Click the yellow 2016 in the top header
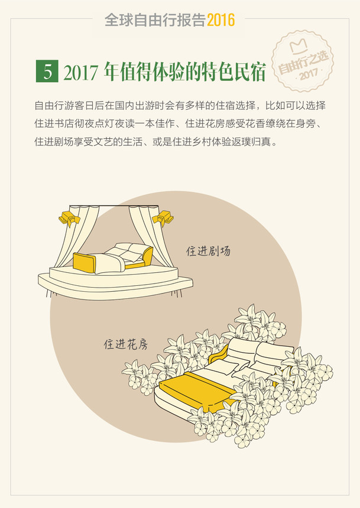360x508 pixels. [x=221, y=20]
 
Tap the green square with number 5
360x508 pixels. [x=47, y=71]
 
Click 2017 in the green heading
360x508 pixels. [x=80, y=72]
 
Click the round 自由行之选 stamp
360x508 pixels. [x=303, y=61]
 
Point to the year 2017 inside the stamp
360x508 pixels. [x=309, y=74]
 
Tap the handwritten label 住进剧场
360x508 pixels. [x=208, y=251]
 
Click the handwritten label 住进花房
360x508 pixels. [x=126, y=344]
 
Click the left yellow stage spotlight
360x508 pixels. [x=69, y=219]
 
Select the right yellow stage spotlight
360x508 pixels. [x=163, y=218]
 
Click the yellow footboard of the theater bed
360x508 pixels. [x=85, y=263]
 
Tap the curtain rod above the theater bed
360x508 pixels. [x=114, y=206]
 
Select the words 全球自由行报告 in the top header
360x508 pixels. [x=155, y=20]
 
